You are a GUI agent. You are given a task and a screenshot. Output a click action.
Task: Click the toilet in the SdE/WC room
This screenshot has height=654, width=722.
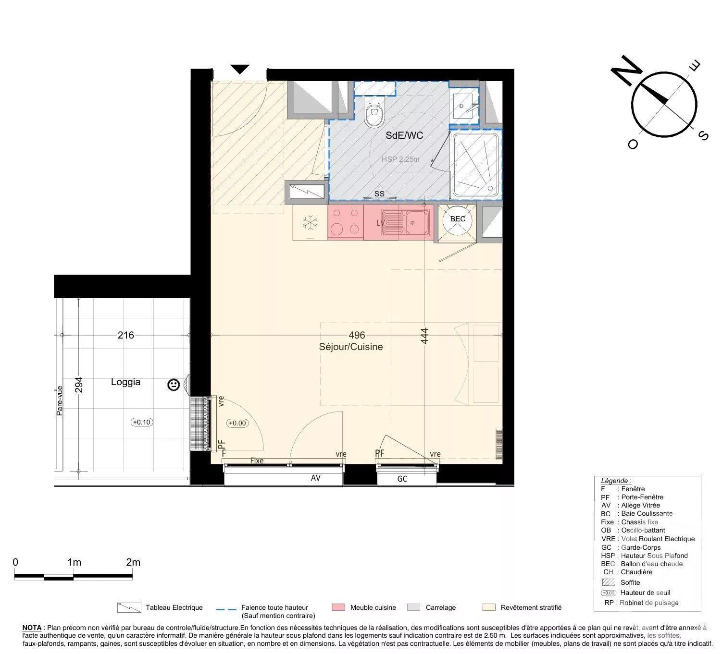pos(374,114)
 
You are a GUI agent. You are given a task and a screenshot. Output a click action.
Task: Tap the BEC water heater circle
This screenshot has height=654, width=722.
pos(457,219)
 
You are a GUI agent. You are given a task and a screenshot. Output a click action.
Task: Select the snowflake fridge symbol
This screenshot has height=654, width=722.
pos(310,223)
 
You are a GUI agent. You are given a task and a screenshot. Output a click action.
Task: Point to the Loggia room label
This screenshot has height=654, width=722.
pos(125,382)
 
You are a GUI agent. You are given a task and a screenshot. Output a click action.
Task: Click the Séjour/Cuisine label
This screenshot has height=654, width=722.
pos(351,347)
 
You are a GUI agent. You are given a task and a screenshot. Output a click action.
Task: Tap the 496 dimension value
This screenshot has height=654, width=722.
pos(357,335)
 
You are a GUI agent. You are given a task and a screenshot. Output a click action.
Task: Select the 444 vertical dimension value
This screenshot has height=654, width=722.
pos(424,336)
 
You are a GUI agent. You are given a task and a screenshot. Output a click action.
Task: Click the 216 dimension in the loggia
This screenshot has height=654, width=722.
pos(125,335)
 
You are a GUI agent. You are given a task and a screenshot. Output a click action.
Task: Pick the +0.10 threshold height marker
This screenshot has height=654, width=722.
pos(141,422)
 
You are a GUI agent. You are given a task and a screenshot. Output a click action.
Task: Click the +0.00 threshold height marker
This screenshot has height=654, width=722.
pos(237,423)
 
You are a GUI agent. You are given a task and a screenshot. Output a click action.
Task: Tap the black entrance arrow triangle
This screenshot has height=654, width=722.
pos(239,69)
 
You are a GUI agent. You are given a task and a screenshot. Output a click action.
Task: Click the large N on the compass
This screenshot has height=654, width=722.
pos(626,71)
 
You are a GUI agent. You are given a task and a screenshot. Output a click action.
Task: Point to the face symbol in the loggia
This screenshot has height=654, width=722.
pos(174,385)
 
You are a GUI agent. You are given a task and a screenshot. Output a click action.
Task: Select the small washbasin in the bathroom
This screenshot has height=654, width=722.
pos(464,106)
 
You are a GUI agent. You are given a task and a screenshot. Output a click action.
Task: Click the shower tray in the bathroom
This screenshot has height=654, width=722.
pos(475,165)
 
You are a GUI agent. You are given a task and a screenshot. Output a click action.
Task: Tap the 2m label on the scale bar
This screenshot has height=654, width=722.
pos(133,562)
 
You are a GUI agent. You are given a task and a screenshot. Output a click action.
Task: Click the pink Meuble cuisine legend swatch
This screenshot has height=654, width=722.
pos(338,607)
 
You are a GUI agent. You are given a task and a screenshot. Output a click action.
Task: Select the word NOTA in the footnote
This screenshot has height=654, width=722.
pos(32,628)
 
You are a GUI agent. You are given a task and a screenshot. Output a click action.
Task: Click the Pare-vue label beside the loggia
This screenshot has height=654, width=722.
pos(60,400)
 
